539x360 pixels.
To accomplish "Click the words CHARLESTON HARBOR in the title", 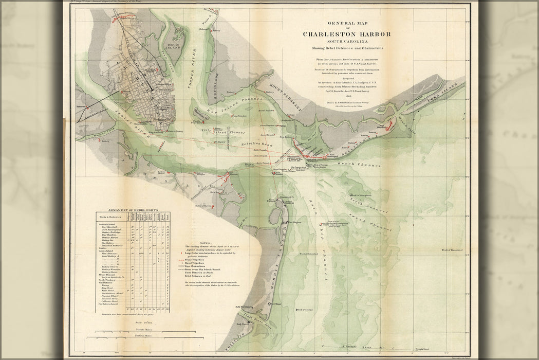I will pos(346,34).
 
